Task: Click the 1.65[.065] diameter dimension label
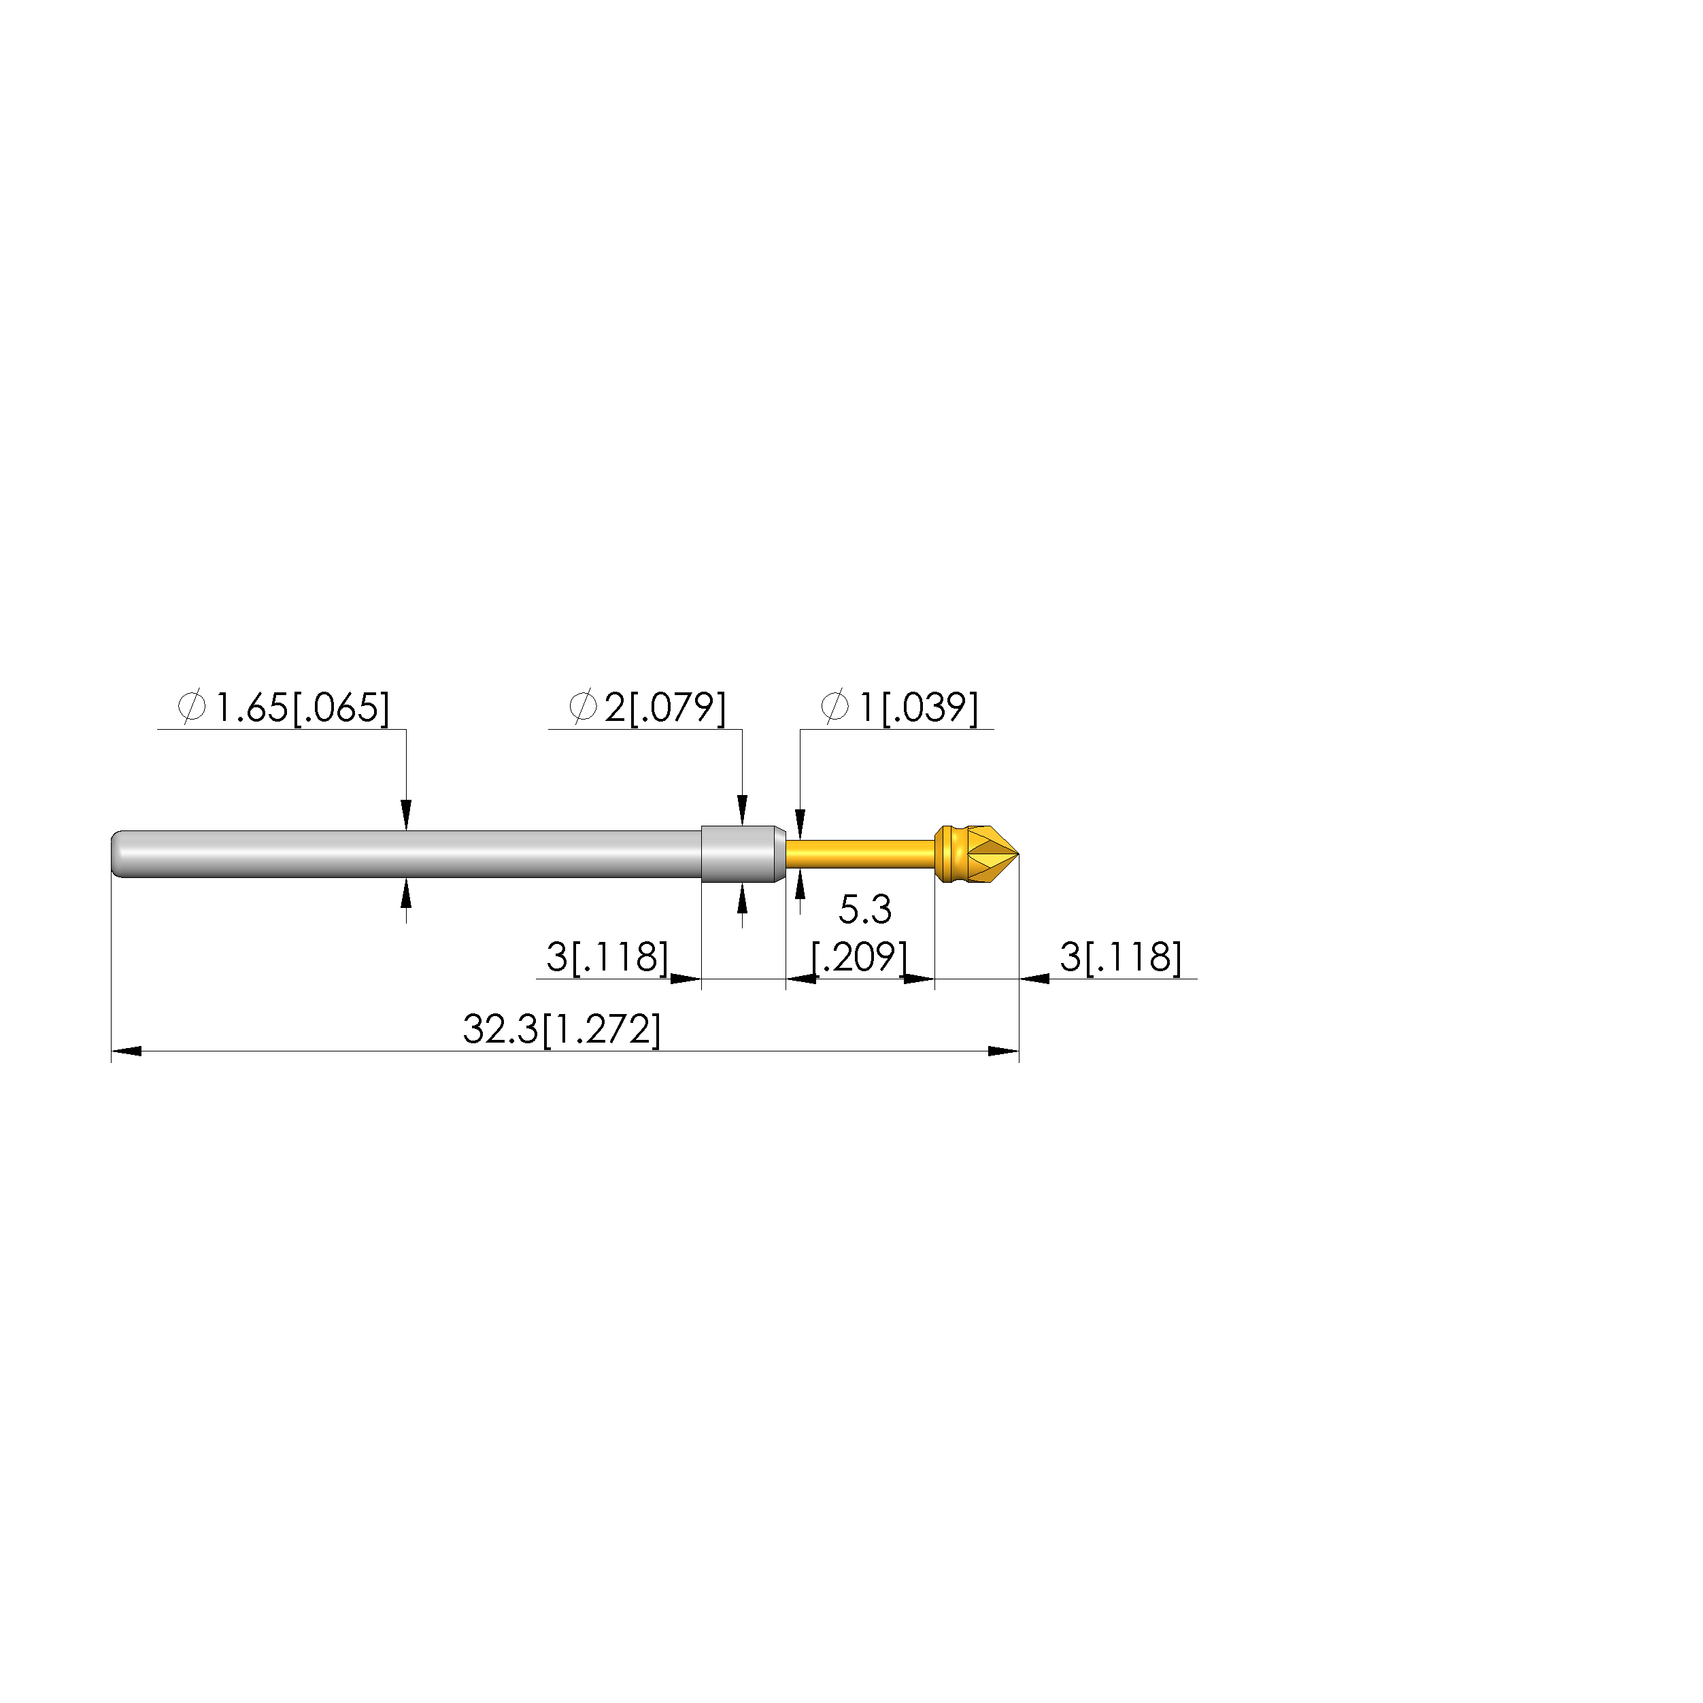click(301, 708)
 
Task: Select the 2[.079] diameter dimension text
click(664, 708)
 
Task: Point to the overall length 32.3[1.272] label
click(562, 1030)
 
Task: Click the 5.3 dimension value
click(864, 910)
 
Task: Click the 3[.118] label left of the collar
click(607, 956)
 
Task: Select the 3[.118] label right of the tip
click(1120, 956)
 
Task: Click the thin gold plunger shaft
click(860, 854)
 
